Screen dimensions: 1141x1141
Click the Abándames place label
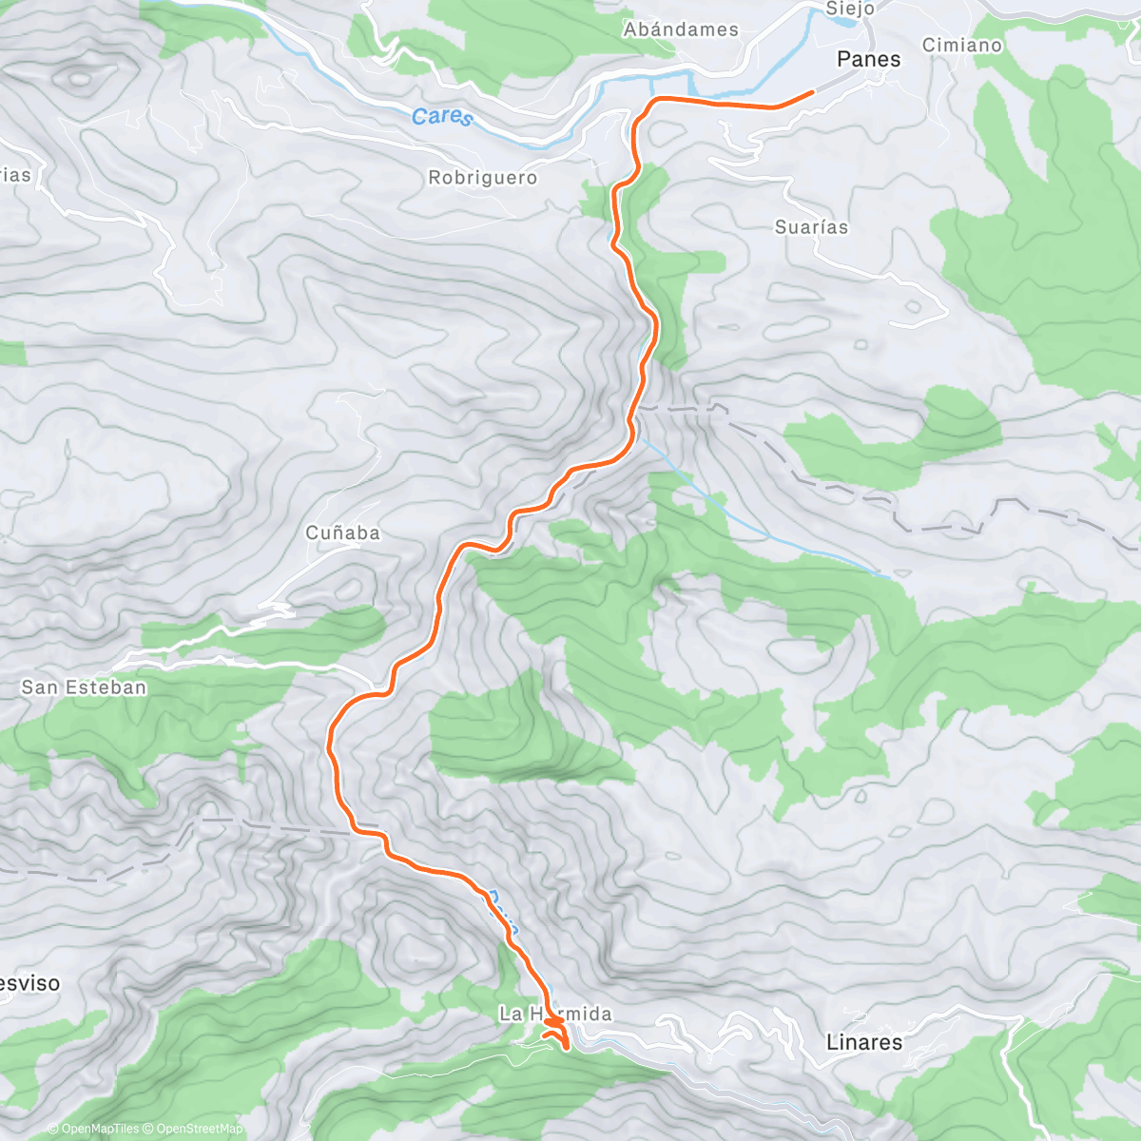click(x=681, y=29)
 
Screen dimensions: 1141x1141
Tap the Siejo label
click(x=849, y=9)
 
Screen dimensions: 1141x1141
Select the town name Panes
click(x=868, y=59)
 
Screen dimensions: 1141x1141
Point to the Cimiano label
click(x=962, y=45)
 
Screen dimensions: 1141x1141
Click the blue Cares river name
click(x=442, y=117)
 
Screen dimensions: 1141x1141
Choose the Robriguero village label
click(x=482, y=178)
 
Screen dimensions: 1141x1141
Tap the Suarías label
click(x=811, y=227)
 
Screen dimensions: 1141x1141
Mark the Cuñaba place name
click(x=342, y=533)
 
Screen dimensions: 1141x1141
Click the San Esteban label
click(x=84, y=687)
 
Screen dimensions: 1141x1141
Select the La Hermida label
click(x=555, y=1015)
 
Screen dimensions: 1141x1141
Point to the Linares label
click(x=863, y=1042)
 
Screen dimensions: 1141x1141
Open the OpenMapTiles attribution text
click(x=93, y=1130)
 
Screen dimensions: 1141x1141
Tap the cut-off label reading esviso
click(x=29, y=983)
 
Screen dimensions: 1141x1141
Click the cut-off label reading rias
click(x=15, y=175)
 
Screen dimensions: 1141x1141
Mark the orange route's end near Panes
click(x=812, y=92)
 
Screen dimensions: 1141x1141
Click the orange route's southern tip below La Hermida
click(x=567, y=1049)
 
